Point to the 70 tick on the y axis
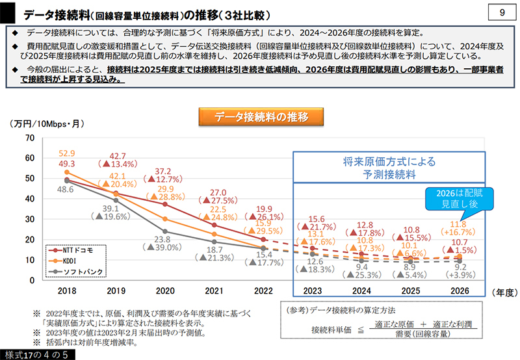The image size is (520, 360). pos(29,138)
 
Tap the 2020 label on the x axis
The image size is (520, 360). pos(165,291)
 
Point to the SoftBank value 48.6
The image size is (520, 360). pos(64,190)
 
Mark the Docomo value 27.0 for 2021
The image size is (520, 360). pos(216,192)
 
